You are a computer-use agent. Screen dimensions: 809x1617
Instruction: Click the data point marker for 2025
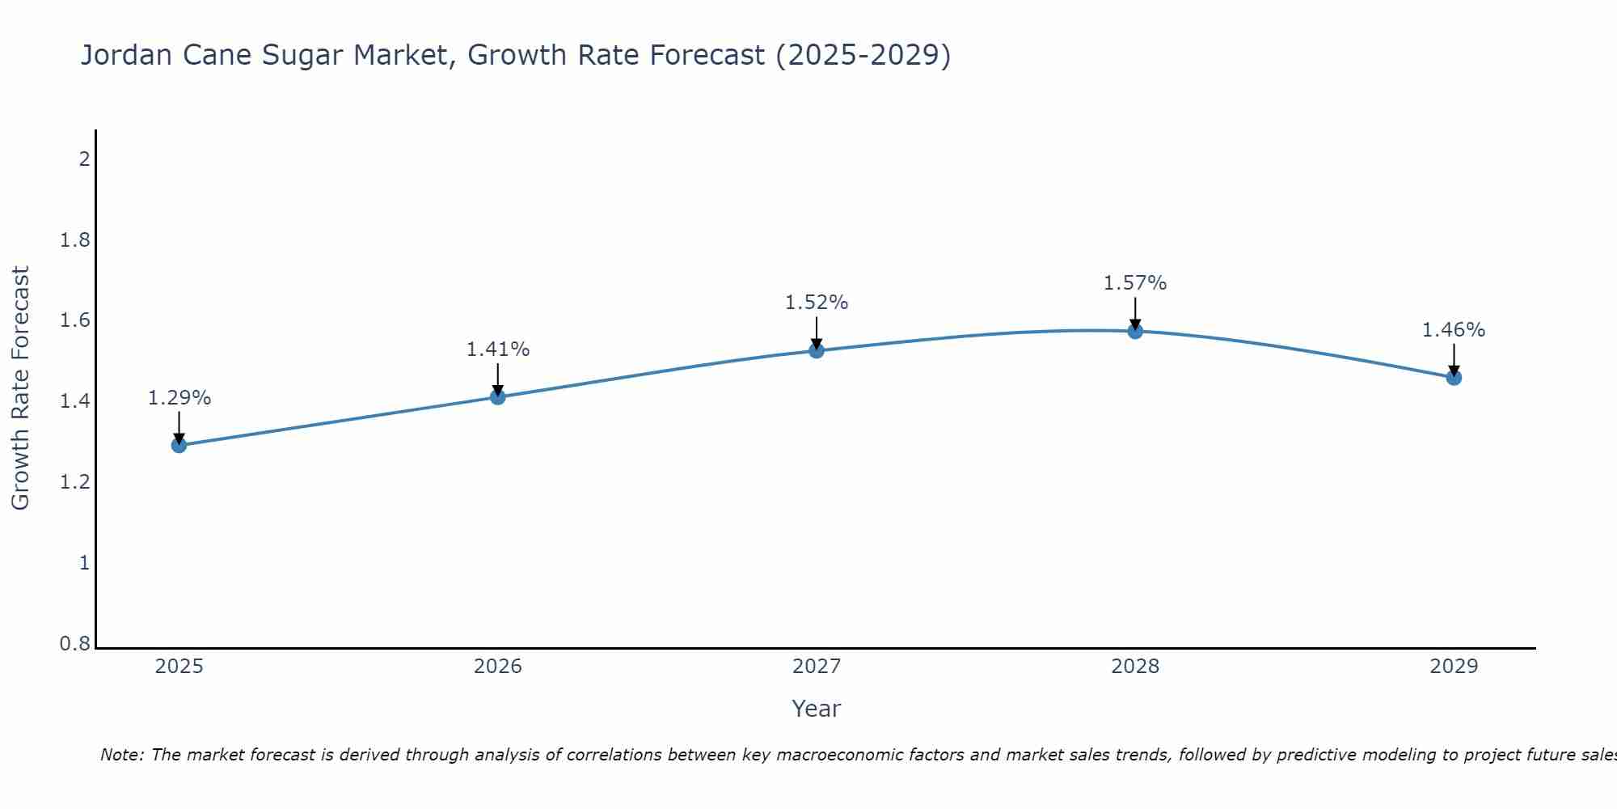click(179, 445)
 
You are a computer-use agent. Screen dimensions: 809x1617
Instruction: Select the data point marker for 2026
click(498, 396)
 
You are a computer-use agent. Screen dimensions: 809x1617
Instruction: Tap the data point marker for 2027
click(817, 350)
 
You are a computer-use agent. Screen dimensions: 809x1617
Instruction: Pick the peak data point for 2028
click(1135, 331)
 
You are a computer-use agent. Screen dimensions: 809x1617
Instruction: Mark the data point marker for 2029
click(1454, 377)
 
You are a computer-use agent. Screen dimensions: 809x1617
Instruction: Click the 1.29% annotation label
click(179, 398)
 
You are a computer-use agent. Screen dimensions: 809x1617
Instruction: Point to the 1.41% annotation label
click(498, 349)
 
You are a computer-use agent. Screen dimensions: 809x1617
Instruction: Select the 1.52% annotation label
click(817, 303)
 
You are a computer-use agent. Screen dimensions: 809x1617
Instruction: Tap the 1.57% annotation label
click(1135, 283)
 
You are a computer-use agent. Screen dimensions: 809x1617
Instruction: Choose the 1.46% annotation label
click(1454, 330)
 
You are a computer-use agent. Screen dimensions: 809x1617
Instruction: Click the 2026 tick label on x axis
click(498, 667)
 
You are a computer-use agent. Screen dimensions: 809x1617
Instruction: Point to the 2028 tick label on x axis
click(1135, 667)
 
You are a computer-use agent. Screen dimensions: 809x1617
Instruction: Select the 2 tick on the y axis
click(84, 159)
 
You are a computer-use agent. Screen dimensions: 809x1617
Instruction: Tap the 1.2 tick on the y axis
click(75, 482)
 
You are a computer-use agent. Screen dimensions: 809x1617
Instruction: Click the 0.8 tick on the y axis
click(75, 644)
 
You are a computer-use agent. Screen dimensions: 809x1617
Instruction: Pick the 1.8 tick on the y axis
click(75, 240)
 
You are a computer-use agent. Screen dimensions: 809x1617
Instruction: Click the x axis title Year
click(817, 709)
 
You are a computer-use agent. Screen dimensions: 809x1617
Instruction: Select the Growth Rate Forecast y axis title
click(20, 388)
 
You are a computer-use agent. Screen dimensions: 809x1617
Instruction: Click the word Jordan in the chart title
click(126, 55)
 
